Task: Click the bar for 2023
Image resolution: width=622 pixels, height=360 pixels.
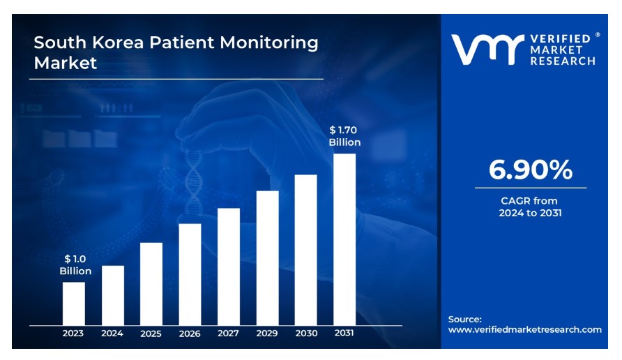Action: tap(74, 303)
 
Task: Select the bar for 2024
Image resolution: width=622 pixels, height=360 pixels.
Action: tap(113, 295)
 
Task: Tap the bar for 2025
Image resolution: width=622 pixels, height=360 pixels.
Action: tap(151, 284)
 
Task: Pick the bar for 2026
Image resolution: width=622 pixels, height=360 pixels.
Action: tap(190, 274)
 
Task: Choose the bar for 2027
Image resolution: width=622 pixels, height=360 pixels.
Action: tap(229, 267)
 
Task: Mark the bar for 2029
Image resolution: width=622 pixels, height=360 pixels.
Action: tap(267, 258)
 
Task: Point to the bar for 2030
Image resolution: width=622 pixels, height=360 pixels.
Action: tap(305, 250)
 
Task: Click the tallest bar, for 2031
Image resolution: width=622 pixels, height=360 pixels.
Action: tap(344, 239)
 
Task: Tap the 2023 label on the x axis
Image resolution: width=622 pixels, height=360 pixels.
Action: tap(73, 333)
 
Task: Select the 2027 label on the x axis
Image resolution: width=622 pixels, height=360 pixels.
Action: tap(228, 333)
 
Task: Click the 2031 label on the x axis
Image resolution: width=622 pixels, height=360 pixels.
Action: tap(344, 333)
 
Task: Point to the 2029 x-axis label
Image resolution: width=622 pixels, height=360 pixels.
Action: tap(267, 333)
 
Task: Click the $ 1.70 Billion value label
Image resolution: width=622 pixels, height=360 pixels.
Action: tap(344, 136)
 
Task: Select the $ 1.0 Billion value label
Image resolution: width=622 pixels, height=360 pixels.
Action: tap(75, 265)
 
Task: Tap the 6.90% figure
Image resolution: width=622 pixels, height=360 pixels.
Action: tap(530, 170)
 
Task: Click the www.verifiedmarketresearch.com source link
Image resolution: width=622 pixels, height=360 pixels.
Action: tap(524, 329)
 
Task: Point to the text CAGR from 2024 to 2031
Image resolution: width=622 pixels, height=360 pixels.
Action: tap(530, 207)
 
